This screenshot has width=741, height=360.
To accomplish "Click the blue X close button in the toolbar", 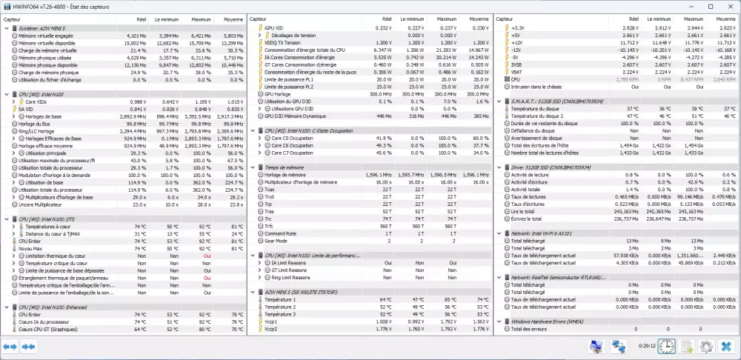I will (725, 346).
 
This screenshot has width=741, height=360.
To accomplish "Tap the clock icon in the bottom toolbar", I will (667, 346).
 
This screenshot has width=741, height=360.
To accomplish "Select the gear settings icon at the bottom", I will (706, 346).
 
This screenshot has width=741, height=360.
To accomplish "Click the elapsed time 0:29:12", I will (647, 346).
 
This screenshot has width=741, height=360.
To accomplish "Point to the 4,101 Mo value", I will (136, 35).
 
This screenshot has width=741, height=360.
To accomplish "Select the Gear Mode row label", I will (276, 241).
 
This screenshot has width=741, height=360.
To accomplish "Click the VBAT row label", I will (517, 72).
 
